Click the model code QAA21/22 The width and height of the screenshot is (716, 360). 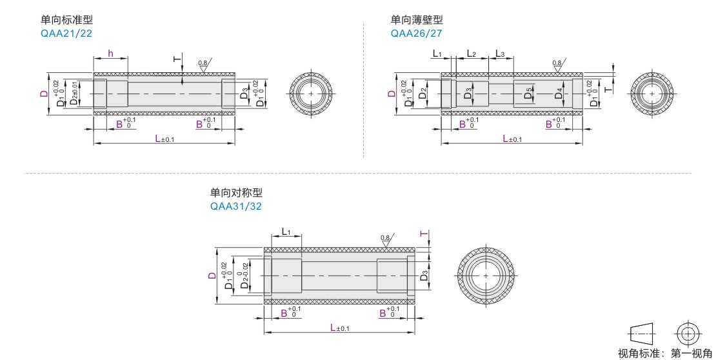[66, 34]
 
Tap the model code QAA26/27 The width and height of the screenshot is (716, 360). [417, 34]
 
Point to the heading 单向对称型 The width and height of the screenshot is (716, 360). [237, 193]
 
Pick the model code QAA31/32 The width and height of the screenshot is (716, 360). [236, 206]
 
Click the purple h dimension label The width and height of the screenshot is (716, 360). [111, 54]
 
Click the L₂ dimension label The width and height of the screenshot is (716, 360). [471, 54]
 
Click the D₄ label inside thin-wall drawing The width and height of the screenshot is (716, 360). [559, 94]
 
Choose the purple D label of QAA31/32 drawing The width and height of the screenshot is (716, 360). [212, 275]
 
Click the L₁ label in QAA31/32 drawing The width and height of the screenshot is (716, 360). [286, 232]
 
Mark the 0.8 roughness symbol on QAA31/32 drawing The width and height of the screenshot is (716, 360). [385, 238]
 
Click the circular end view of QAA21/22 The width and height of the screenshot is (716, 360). [312, 94]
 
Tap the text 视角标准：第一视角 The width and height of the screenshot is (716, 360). [664, 353]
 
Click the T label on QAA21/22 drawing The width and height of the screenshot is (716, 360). [177, 59]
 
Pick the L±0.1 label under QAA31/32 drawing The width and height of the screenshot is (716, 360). [339, 328]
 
